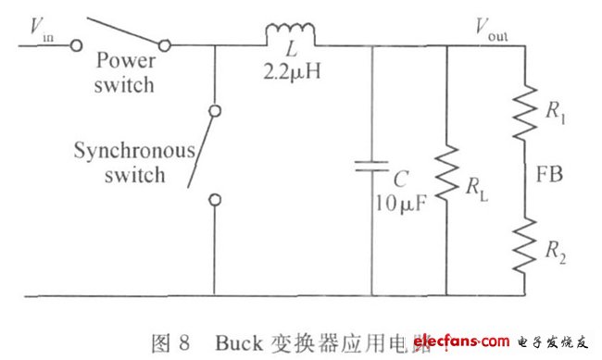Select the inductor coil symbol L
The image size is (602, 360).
point(291,32)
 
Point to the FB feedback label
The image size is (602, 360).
point(550,173)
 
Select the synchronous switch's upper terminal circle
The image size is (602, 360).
point(214,110)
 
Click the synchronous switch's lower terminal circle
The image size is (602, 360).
point(214,197)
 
